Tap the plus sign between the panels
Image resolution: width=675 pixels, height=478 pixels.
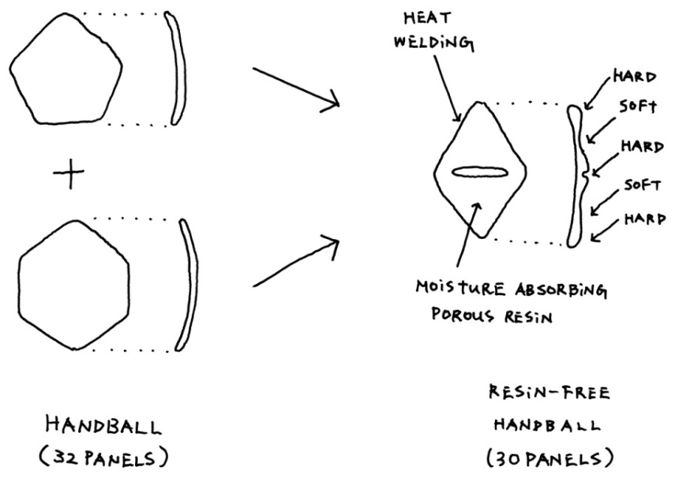pyautogui.click(x=67, y=175)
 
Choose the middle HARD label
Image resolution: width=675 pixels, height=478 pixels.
pyautogui.click(x=643, y=148)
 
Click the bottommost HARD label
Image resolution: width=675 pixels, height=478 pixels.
pyautogui.click(x=644, y=220)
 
